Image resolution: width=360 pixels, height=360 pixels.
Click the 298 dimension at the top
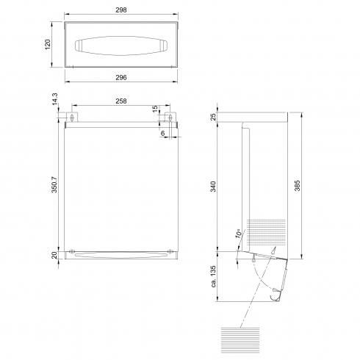pyautogui.click(x=121, y=10)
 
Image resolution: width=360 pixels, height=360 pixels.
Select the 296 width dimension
pyautogui.click(x=121, y=78)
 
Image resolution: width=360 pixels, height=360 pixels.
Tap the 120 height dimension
pyautogui.click(x=48, y=44)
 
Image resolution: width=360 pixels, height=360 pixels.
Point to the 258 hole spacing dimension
pyautogui.click(x=121, y=101)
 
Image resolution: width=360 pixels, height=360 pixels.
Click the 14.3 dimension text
pyautogui.click(x=54, y=99)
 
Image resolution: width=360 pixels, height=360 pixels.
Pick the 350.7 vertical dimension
pyautogui.click(x=54, y=184)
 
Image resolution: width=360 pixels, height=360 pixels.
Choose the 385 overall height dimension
pyautogui.click(x=297, y=186)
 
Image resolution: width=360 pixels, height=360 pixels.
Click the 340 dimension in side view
pyautogui.click(x=214, y=187)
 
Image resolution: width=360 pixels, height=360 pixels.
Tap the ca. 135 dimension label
pyautogui.click(x=214, y=276)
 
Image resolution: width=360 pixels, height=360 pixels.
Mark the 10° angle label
pyautogui.click(x=240, y=234)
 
